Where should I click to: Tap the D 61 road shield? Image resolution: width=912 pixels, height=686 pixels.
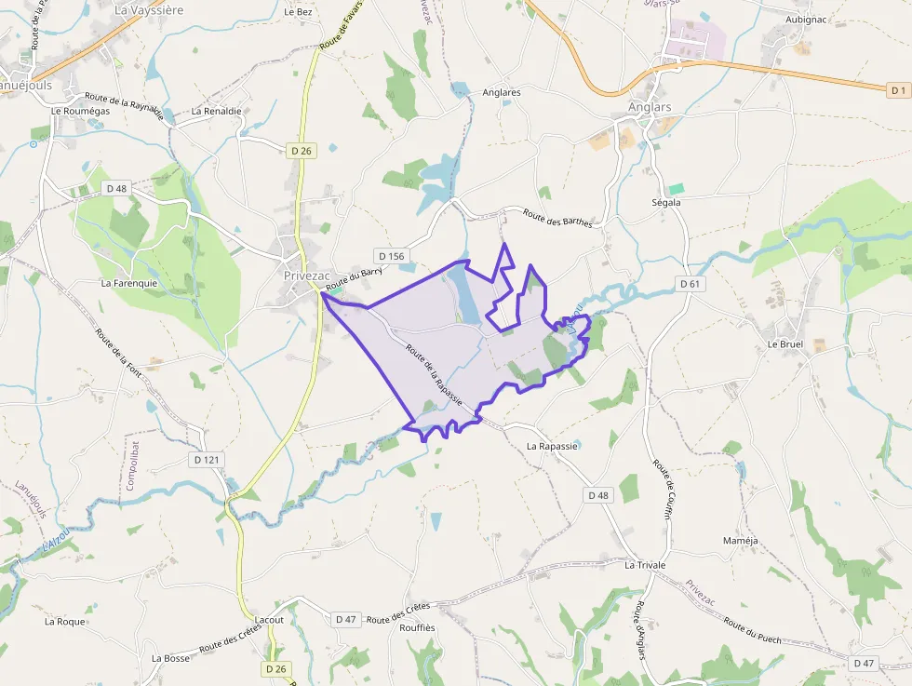point(690,283)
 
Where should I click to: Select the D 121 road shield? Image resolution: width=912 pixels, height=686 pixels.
point(207,460)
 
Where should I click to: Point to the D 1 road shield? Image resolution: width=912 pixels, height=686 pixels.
point(897,90)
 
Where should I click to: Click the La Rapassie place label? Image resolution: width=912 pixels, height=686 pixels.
point(552,446)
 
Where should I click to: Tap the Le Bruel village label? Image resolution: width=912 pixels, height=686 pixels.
point(785,343)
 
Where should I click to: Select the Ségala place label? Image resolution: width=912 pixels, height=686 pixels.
point(666,202)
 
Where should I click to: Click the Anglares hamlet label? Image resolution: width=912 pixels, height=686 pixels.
point(502,92)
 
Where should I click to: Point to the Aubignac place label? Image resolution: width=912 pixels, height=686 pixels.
point(806,19)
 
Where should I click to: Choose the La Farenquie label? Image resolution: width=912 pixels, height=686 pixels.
point(129,283)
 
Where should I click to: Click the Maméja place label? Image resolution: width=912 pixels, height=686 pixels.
point(741,541)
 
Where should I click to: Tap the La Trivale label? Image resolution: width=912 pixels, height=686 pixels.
point(646,565)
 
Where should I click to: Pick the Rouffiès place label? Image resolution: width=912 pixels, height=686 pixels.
point(418,627)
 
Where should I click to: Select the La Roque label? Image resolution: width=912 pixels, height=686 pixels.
point(65,621)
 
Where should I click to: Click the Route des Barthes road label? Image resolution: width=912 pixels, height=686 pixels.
point(557,219)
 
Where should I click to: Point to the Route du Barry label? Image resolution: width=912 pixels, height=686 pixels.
point(355,277)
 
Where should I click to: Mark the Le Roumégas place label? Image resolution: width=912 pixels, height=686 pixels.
point(80,111)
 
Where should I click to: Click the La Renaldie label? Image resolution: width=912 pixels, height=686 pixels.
point(216,111)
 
